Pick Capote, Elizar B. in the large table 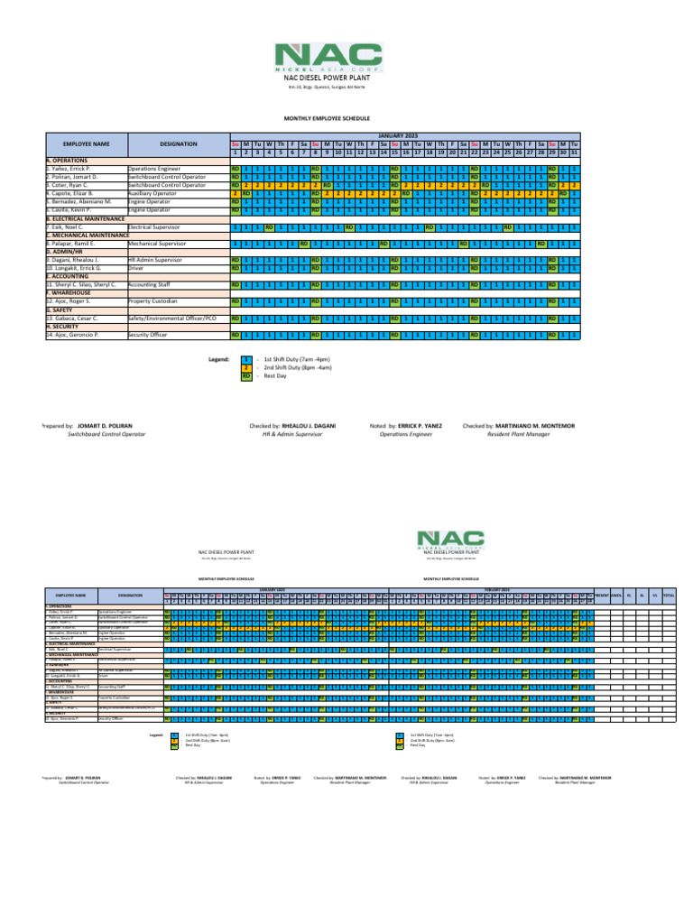coord(74,194)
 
